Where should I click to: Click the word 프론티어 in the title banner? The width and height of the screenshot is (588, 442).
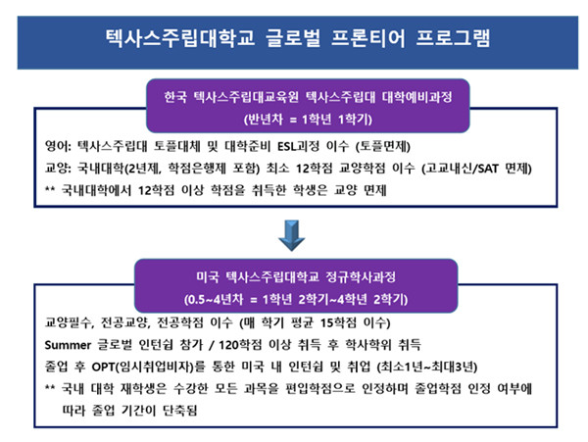[367, 38]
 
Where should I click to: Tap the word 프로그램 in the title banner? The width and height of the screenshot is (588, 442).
[453, 38]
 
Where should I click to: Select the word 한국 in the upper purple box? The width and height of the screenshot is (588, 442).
[175, 97]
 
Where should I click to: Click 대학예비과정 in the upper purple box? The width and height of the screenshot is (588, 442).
[417, 97]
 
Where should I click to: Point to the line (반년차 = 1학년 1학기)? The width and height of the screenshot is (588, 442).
[308, 120]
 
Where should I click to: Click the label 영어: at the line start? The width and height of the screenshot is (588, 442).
[58, 145]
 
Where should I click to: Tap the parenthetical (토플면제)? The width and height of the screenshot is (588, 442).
[383, 146]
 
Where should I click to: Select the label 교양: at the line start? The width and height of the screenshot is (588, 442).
[58, 168]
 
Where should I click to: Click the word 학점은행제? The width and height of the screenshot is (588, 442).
[197, 168]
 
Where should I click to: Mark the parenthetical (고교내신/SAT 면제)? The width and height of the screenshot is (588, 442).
[476, 169]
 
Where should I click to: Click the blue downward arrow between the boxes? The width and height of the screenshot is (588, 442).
[292, 235]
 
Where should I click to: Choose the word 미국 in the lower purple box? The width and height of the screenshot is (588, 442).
[208, 277]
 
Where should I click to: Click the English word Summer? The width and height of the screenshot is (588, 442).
[68, 345]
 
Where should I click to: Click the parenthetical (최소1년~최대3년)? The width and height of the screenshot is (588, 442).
[427, 367]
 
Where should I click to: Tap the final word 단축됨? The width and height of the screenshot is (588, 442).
[179, 411]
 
